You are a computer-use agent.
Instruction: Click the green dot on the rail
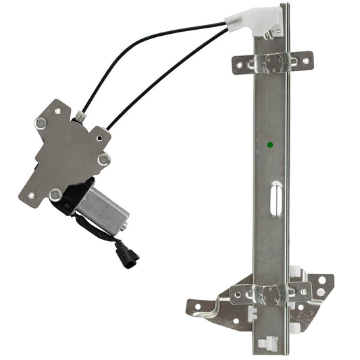[x=270, y=145]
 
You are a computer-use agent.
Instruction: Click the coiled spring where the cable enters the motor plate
[x=81, y=118]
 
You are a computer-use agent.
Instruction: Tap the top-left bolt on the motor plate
[x=41, y=123]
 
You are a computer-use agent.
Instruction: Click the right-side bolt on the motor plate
[x=103, y=159]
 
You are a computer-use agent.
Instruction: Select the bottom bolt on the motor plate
[x=56, y=195]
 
